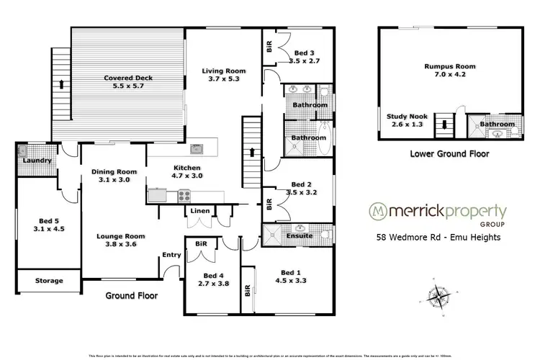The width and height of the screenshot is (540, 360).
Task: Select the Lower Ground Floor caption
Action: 449,153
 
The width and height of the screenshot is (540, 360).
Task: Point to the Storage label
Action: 49,280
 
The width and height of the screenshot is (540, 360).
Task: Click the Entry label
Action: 171,254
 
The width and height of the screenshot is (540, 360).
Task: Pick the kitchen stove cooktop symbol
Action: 182,194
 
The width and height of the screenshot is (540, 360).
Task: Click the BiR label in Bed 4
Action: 202,244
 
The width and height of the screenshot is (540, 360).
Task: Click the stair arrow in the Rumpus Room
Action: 444,125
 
